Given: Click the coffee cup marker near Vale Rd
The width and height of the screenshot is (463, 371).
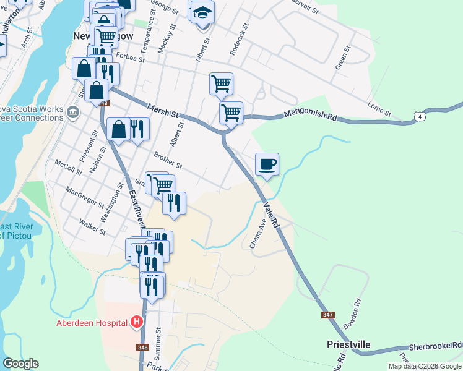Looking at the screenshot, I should tap(267, 164).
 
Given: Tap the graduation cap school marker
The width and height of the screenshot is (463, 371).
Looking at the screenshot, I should tap(202, 13).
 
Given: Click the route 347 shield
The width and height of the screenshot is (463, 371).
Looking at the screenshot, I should tap(329, 315).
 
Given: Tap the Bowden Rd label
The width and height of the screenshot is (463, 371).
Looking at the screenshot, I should tap(352, 314).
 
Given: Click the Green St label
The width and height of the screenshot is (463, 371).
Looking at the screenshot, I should tap(342, 58).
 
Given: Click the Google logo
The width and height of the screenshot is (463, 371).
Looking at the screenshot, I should tap(20, 364).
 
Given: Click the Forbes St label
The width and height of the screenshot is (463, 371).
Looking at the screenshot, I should tap(130, 58).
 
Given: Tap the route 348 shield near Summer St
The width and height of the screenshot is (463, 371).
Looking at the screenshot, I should tap(143, 347).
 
